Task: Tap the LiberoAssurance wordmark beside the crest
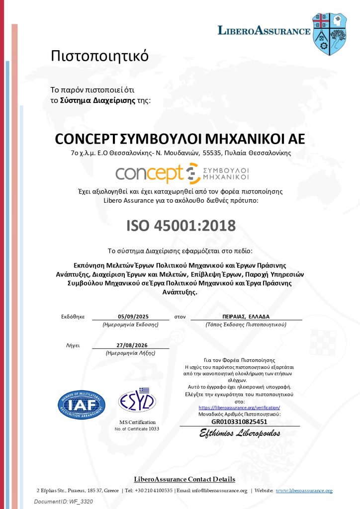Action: click(264, 31)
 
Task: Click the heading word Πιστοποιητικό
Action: click(100, 56)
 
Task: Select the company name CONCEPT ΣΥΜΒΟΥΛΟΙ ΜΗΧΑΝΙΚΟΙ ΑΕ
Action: click(180, 138)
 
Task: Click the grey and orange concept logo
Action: click(182, 173)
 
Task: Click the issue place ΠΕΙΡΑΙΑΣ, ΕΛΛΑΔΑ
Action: click(246, 316)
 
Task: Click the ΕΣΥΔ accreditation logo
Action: click(137, 400)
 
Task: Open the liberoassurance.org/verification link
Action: click(239, 407)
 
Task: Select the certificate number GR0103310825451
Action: click(239, 422)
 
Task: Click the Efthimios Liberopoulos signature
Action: click(240, 433)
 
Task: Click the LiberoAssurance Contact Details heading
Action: click(184, 479)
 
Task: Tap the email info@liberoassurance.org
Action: click(219, 491)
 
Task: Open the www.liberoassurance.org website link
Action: click(304, 491)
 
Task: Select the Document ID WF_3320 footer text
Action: click(63, 502)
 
